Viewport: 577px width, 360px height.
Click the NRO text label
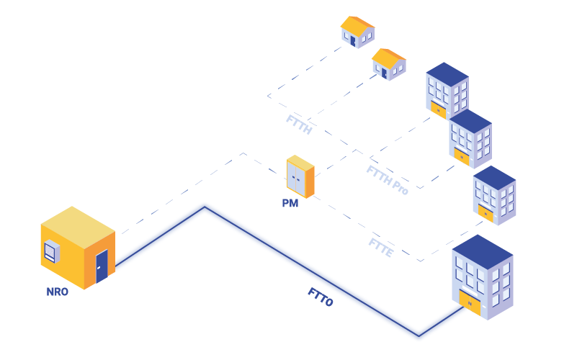pyautogui.click(x=57, y=292)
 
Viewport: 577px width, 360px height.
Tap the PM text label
pyautogui.click(x=290, y=204)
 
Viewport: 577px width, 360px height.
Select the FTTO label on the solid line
pyautogui.click(x=321, y=297)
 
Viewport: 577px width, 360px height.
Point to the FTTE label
pyautogui.click(x=380, y=248)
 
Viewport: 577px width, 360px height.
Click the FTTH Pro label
pyautogui.click(x=388, y=180)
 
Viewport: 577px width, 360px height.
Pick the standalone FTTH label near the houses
pyautogui.click(x=298, y=124)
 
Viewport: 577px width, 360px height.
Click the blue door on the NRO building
pyautogui.click(x=102, y=265)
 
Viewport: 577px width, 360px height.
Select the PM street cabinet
pyautogui.click(x=300, y=176)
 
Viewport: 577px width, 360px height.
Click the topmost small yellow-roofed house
pyautogui.click(x=357, y=32)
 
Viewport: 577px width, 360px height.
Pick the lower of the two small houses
pyautogui.click(x=388, y=64)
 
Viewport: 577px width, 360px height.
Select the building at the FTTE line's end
pyautogui.click(x=494, y=195)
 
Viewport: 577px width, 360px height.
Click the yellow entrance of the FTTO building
pyautogui.click(x=470, y=302)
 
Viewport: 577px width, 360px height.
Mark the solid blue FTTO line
pyautogui.click(x=310, y=271)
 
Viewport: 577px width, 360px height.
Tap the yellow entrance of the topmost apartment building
pyautogui.click(x=437, y=109)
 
